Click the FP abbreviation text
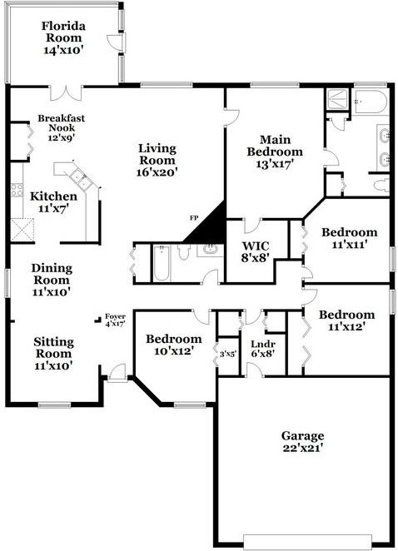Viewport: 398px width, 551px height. [193, 217]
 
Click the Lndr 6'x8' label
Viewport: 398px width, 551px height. [262, 348]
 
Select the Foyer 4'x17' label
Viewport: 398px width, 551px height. [113, 320]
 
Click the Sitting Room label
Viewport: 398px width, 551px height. [52, 353]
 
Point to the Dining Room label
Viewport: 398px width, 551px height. [52, 280]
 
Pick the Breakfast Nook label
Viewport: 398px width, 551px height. [61, 129]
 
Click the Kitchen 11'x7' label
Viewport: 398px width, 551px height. [53, 202]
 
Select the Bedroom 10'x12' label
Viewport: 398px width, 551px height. [173, 345]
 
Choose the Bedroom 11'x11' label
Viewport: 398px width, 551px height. [349, 238]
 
